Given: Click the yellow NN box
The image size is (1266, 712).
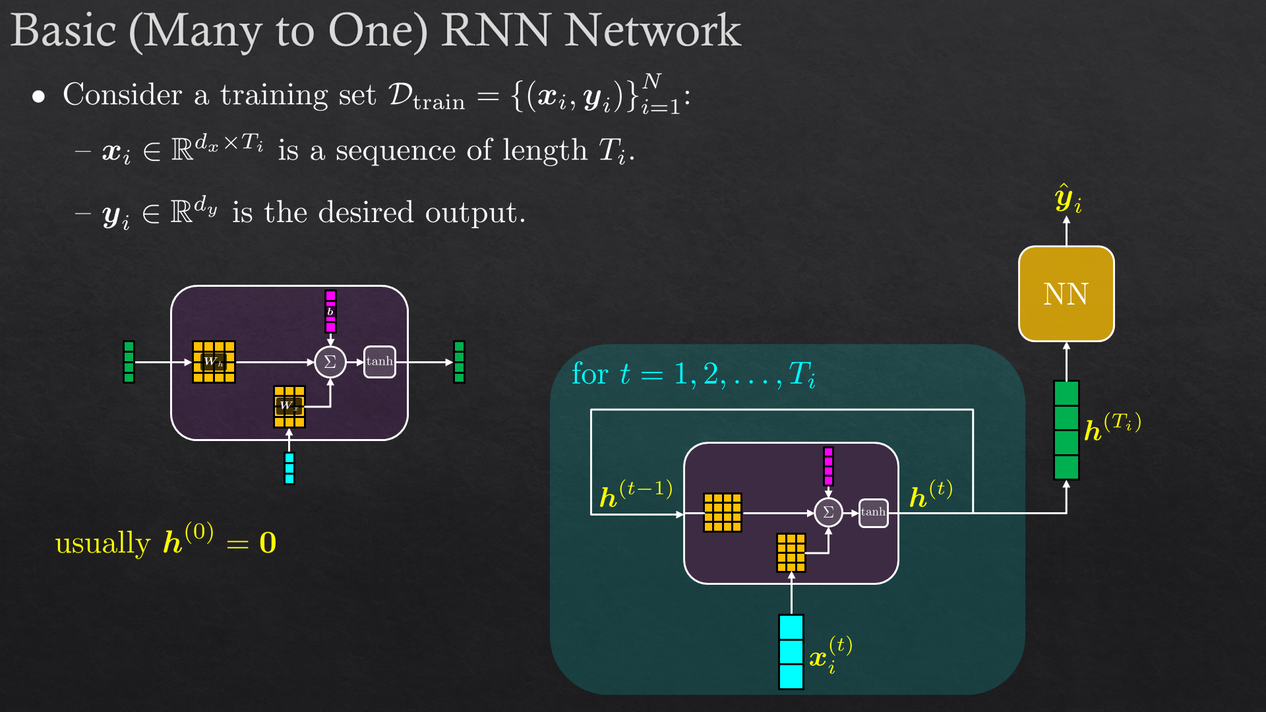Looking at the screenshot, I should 1066,294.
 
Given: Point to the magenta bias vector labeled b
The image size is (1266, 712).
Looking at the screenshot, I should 330,311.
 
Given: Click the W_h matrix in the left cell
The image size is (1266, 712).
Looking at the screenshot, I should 214,361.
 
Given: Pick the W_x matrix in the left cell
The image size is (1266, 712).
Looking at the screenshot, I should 289,406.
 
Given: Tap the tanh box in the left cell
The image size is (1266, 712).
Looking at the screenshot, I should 380,361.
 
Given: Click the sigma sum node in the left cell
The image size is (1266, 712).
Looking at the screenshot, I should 330,362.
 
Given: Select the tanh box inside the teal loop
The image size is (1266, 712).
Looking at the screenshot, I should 873,512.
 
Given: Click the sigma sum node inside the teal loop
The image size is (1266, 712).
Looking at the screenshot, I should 828,512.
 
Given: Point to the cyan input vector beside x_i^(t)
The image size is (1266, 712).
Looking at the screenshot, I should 791,651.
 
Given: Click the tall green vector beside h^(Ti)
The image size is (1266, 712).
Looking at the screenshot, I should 1066,430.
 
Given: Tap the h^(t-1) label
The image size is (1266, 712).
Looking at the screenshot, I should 636,495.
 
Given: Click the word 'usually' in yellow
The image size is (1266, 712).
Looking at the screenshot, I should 103,544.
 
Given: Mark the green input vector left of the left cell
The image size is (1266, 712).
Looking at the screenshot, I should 129,361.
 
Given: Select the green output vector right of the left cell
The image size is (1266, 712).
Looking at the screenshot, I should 459,361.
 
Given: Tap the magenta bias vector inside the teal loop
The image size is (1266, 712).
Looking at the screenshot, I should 828,466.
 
